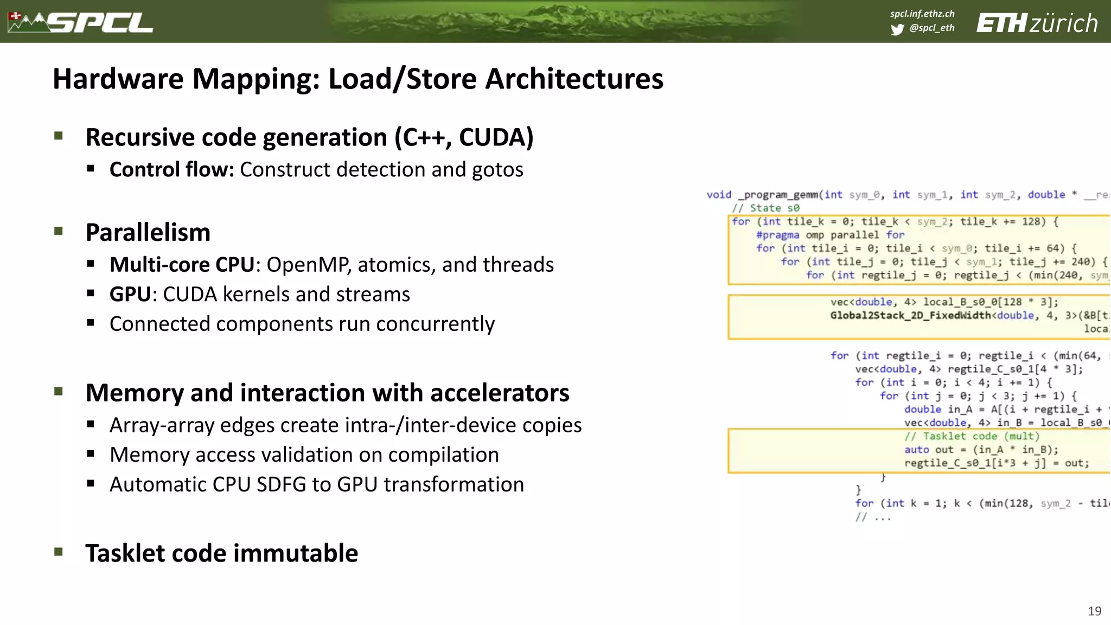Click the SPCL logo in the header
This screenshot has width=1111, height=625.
(81, 23)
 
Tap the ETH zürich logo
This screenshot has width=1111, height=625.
(1037, 23)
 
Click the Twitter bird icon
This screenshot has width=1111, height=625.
(897, 29)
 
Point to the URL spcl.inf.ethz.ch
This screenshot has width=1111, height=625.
(922, 14)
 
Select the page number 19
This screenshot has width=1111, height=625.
(1094, 611)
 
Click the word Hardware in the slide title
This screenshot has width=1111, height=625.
(118, 79)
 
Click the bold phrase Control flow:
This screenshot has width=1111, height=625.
(171, 170)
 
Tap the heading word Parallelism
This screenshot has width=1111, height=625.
(148, 233)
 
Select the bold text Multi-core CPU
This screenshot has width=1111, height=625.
(182, 265)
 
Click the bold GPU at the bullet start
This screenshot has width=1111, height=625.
(130, 295)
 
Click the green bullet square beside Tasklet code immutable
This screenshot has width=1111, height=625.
(59, 552)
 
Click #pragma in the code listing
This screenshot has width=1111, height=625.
(777, 235)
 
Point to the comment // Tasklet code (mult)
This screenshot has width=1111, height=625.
(972, 436)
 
